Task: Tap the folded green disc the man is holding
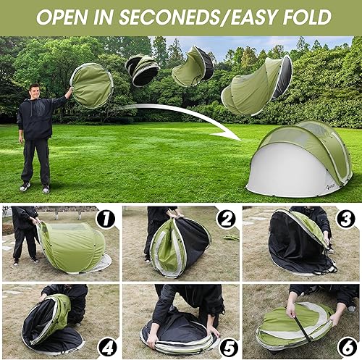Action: click(x=90, y=85)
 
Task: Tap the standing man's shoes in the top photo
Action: click(x=35, y=187)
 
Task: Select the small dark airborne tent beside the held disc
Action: click(x=142, y=70)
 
